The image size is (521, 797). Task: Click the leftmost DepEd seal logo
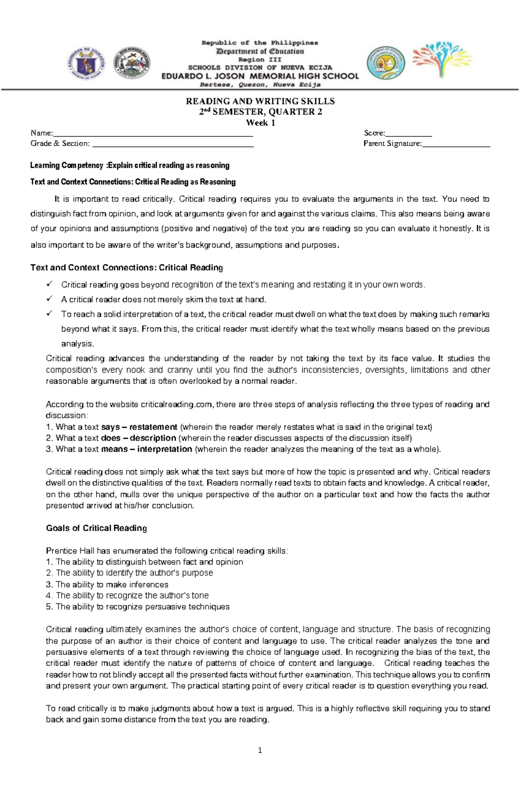click(x=86, y=63)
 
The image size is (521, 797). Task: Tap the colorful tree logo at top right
click(x=441, y=60)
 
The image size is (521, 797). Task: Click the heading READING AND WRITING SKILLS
click(x=260, y=101)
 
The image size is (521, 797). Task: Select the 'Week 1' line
click(x=260, y=122)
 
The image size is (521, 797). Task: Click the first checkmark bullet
click(x=49, y=284)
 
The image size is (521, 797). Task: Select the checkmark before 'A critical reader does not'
click(x=49, y=299)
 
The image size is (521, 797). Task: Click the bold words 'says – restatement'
click(x=139, y=427)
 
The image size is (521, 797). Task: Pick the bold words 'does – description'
click(x=138, y=438)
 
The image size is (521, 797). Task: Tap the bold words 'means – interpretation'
click(x=146, y=449)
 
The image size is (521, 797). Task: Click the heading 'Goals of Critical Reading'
click(x=96, y=528)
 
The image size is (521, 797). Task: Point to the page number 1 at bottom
click(x=260, y=750)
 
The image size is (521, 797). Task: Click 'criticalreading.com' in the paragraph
click(x=177, y=404)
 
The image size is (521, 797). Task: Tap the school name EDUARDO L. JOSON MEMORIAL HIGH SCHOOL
click(x=260, y=76)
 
